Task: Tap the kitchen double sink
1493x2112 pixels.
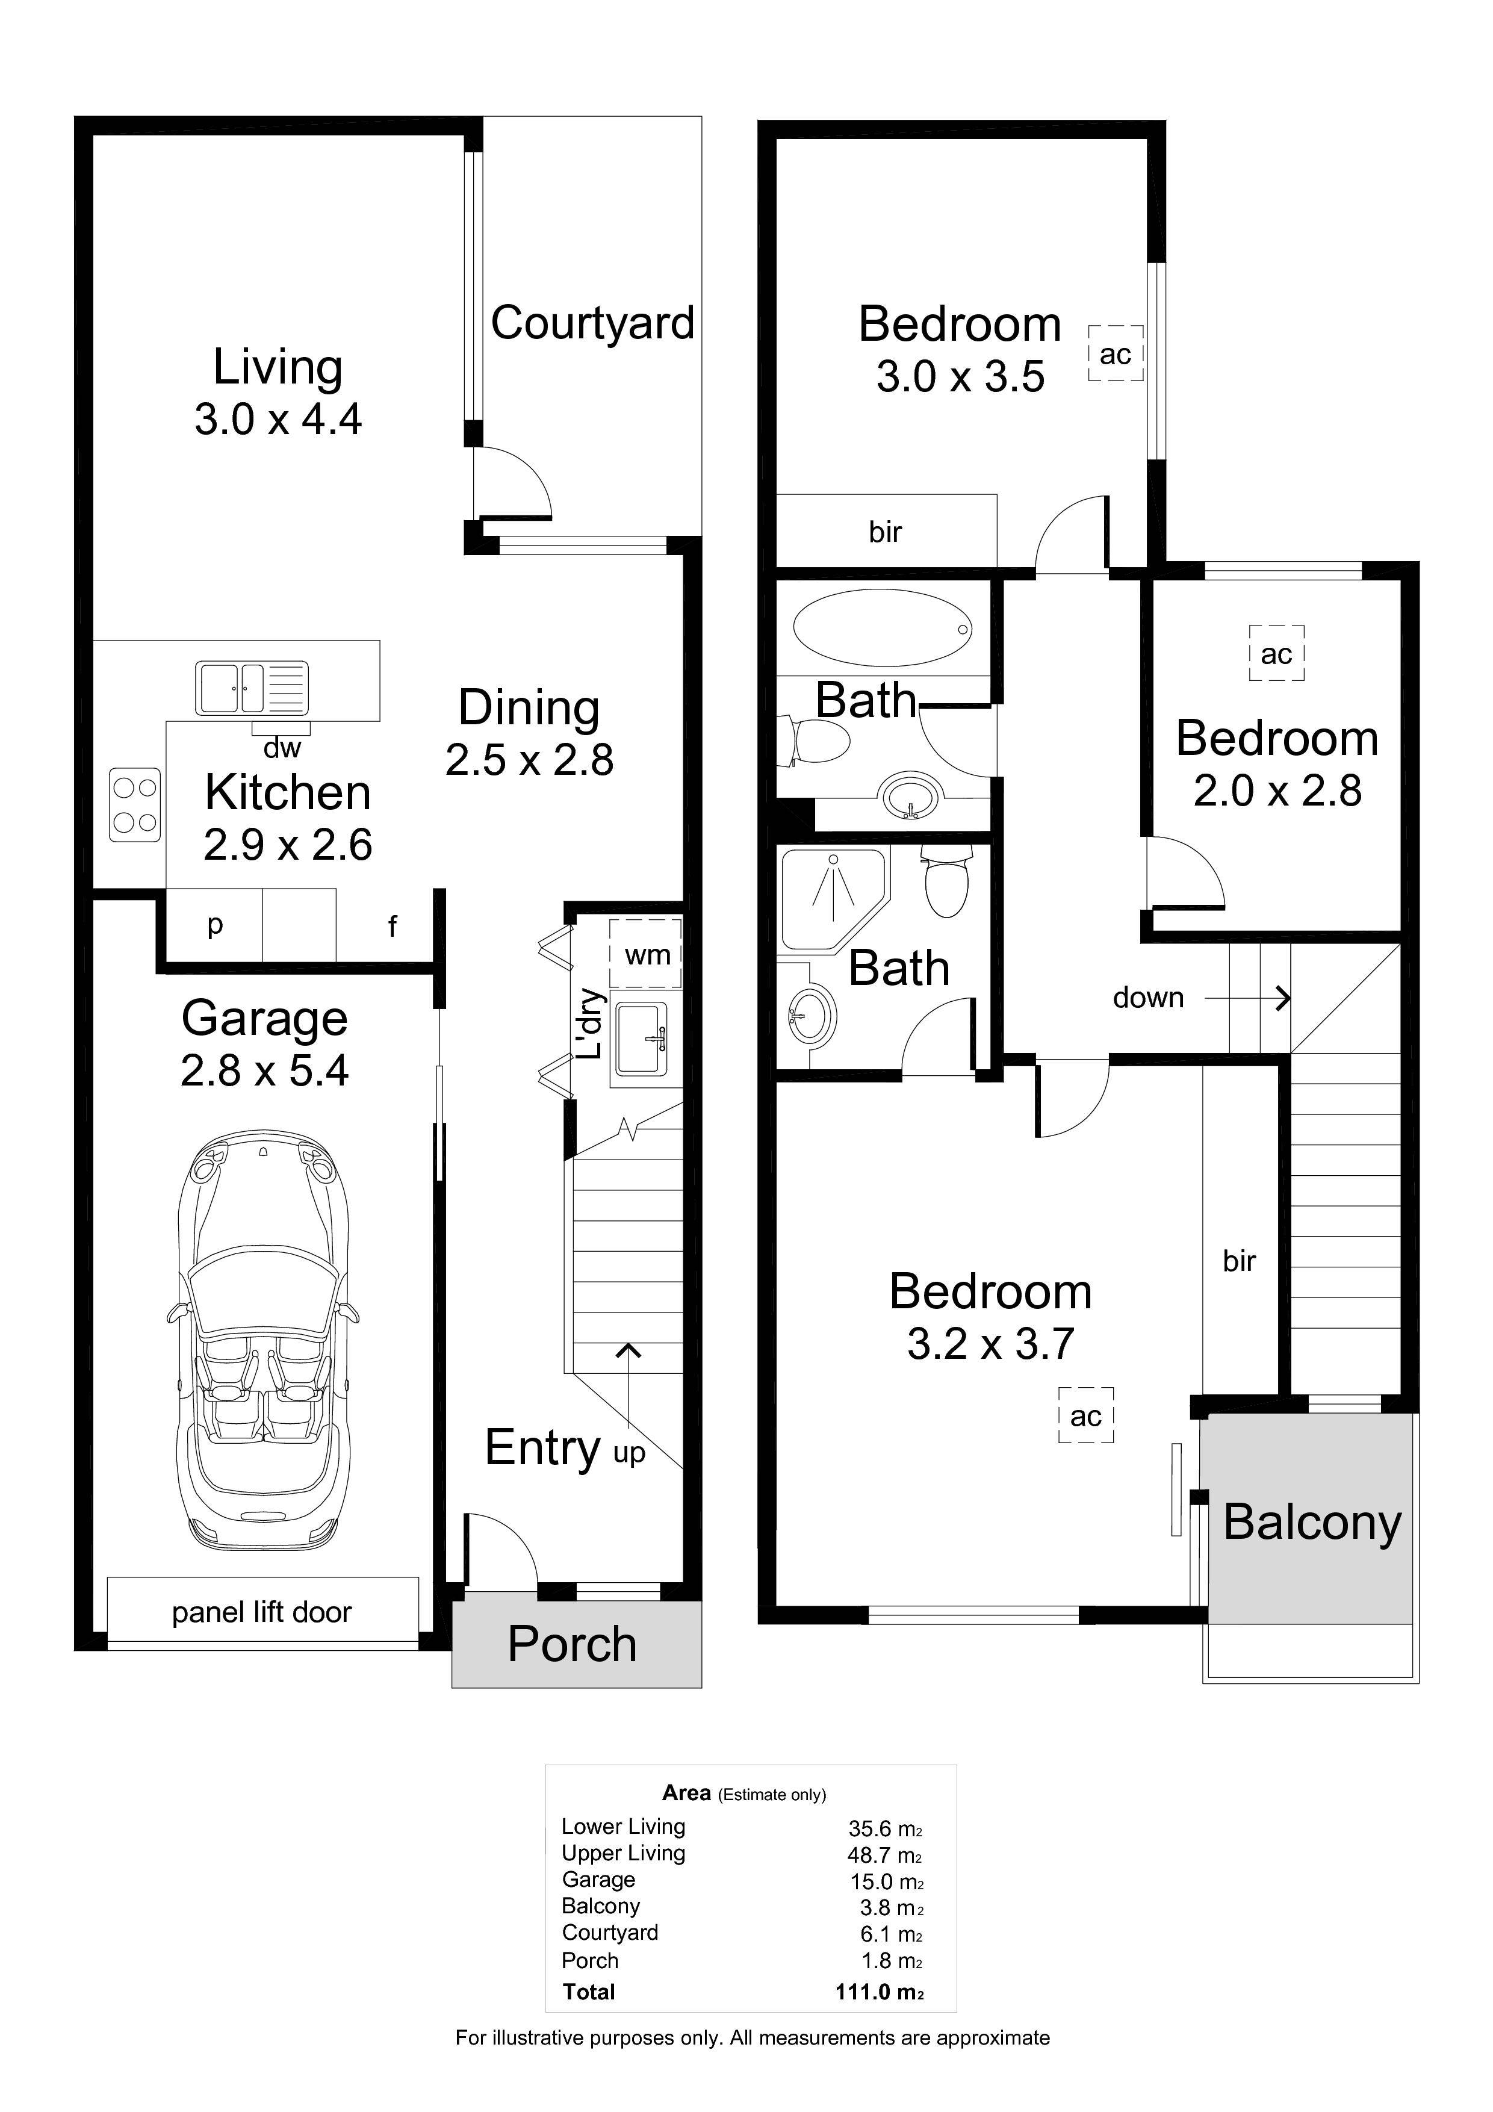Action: click(251, 688)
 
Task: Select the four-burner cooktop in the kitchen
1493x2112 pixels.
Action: click(135, 805)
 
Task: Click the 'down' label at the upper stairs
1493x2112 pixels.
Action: click(1148, 997)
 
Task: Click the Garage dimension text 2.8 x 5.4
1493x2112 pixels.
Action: click(265, 1070)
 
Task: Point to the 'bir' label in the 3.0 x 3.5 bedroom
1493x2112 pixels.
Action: click(885, 531)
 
